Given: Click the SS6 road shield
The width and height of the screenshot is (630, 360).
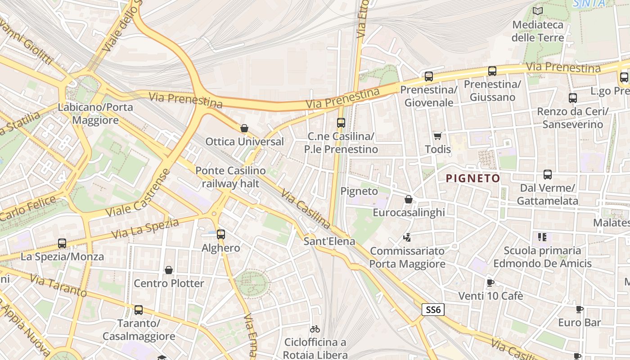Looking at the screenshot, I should tap(433, 310).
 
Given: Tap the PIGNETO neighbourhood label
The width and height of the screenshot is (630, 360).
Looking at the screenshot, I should tap(473, 179).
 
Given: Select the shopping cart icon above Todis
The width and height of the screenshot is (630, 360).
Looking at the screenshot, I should tap(437, 136).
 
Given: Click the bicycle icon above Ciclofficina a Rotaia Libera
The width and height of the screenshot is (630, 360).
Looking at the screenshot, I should tap(315, 329).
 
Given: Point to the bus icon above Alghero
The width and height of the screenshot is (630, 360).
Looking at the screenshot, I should tap(220, 234).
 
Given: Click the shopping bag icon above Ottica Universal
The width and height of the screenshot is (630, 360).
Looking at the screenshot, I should tap(244, 129).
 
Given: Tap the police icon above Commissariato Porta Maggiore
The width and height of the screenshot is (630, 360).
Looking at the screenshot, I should tap(407, 237).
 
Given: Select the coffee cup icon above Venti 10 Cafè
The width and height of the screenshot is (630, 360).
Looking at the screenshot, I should tap(490, 283).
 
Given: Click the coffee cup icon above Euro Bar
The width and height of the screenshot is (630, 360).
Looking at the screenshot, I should tap(580, 310).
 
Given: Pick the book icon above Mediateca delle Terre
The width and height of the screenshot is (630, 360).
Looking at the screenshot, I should tap(537, 11).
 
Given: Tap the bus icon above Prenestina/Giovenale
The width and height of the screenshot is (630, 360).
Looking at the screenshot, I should tap(428, 76).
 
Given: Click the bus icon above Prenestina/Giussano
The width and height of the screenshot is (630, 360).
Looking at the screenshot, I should tap(492, 71).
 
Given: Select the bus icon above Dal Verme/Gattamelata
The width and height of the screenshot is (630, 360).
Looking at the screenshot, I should tap(547, 175).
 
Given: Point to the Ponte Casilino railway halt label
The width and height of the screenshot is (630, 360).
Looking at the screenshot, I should tap(230, 177).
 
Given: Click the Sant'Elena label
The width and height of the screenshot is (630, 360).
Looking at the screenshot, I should tap(329, 241).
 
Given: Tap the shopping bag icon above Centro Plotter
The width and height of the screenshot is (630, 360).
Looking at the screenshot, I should tap(169, 270).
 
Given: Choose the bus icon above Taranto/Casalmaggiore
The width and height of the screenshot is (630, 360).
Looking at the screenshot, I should tap(139, 310).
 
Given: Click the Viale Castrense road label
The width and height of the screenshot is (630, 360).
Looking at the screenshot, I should tap(138, 193).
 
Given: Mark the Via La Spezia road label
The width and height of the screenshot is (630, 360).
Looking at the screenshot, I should tap(145, 229).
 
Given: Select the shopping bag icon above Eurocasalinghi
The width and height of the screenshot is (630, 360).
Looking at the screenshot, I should tap(409, 199).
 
